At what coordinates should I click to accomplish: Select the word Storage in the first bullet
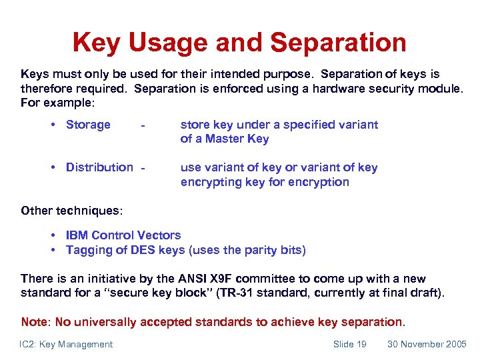88,125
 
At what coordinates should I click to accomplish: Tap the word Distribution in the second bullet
99,167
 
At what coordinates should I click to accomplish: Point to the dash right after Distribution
142,168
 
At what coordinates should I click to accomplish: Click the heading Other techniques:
72,211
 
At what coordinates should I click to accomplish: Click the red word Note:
36,322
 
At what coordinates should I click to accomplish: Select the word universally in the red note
103,322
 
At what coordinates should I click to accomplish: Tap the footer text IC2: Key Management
67,344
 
